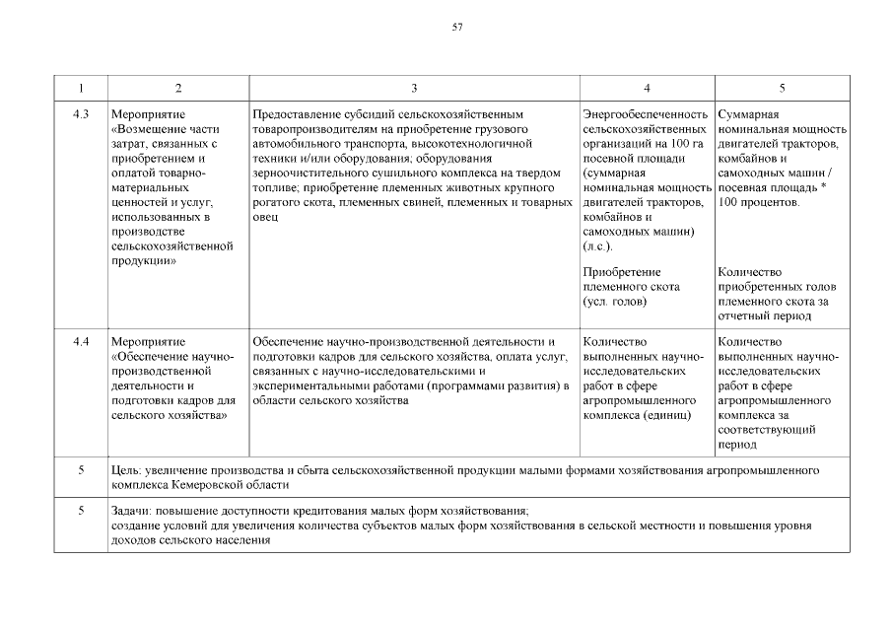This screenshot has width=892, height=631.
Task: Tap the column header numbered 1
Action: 81,89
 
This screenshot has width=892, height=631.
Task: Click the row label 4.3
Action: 81,115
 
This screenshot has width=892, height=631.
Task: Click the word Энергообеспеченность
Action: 646,115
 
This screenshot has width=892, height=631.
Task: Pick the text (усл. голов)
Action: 615,301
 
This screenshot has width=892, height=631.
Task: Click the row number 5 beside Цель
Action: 81,471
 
